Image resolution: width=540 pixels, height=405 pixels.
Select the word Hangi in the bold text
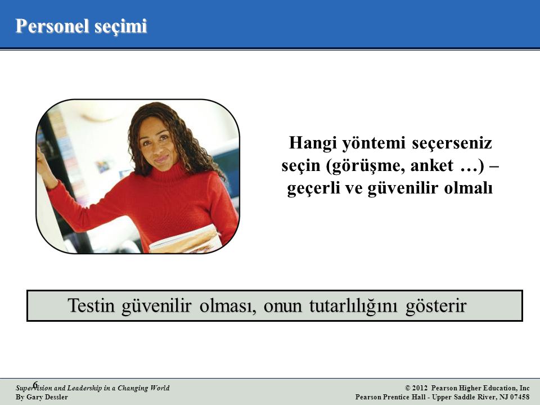(313, 143)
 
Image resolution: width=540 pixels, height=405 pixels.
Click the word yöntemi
(375, 143)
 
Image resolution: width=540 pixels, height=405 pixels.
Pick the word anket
(432, 165)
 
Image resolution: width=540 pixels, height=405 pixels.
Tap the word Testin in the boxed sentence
(91, 305)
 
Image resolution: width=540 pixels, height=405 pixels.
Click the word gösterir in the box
(436, 306)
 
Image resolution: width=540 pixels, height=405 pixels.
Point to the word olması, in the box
(228, 305)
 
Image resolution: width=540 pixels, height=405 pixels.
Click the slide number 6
(35, 384)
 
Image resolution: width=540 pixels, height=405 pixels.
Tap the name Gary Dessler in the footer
(47, 397)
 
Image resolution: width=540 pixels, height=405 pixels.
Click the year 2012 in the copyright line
(420, 388)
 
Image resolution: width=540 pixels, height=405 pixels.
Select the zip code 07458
(520, 397)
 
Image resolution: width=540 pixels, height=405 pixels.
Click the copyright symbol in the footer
(408, 388)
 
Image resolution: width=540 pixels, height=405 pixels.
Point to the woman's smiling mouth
(161, 159)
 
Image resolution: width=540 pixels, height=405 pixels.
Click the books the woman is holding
(185, 240)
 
